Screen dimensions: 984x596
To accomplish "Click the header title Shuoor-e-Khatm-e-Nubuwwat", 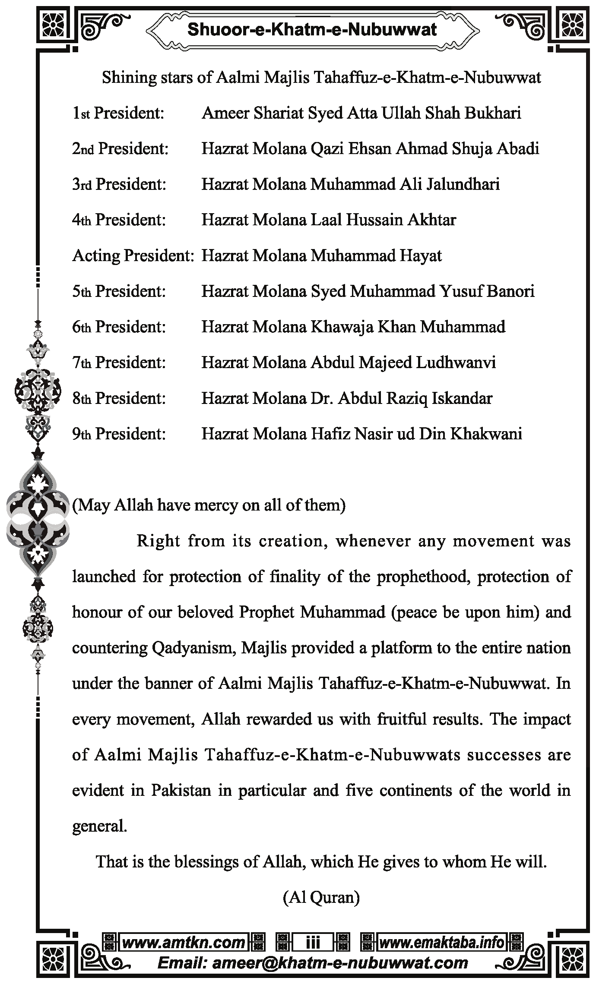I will tap(312, 30).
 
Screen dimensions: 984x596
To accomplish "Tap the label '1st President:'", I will tap(118, 113).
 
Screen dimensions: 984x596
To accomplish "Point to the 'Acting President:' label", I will tap(133, 255).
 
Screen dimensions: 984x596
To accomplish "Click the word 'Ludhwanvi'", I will tap(456, 363).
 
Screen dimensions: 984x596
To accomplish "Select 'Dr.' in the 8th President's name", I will tap(322, 398).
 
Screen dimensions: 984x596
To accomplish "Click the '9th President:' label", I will tap(119, 434).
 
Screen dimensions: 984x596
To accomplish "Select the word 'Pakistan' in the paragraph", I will tap(181, 790).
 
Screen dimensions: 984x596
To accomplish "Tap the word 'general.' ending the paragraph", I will tap(99, 826).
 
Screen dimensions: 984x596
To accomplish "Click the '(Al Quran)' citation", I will tap(321, 897).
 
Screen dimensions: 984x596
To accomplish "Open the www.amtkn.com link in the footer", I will tap(184, 943).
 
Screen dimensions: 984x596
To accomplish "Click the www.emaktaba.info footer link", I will tap(441, 943).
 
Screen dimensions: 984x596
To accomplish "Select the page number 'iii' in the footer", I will tap(313, 943).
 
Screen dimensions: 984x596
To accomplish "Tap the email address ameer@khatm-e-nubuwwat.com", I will tap(313, 962).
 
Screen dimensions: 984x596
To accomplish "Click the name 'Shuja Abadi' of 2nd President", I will tap(495, 149).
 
